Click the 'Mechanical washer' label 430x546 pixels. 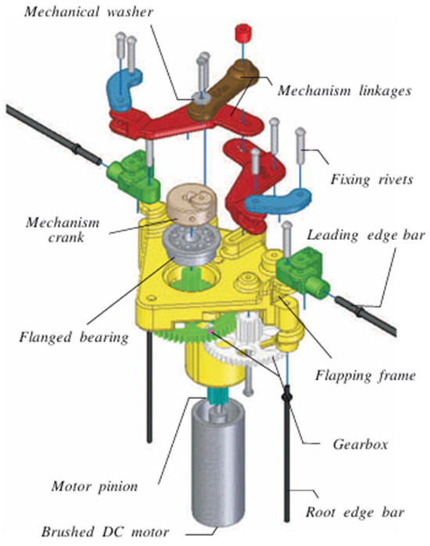tap(88, 12)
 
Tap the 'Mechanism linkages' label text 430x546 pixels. tap(344, 91)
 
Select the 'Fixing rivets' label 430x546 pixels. tap(371, 179)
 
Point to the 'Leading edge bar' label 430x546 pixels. tap(366, 235)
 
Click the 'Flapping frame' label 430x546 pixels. tap(365, 375)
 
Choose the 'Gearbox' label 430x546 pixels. tap(360, 444)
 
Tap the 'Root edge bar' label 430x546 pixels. tap(355, 512)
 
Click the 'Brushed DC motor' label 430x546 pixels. tap(105, 532)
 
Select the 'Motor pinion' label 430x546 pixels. tap(95, 487)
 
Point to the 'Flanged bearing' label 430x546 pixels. tap(73, 337)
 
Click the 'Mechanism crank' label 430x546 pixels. tap(63, 230)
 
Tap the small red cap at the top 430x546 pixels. tap(243, 32)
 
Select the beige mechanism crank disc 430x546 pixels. tap(192, 207)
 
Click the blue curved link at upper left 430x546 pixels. tap(124, 89)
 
